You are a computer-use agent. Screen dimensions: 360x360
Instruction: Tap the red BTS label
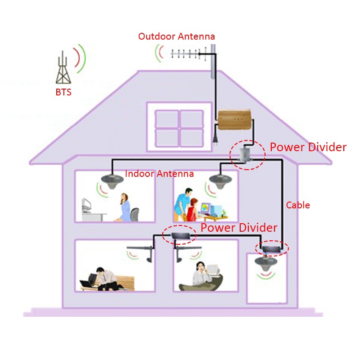pos(63,92)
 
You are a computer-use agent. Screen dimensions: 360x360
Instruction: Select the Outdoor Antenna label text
pos(176,36)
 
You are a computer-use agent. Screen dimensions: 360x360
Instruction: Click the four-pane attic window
pos(179,129)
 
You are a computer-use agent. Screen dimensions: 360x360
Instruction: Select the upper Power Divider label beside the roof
pos(308,147)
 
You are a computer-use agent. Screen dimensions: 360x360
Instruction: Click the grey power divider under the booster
pos(243,154)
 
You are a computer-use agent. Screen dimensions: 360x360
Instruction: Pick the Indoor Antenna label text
pos(159,174)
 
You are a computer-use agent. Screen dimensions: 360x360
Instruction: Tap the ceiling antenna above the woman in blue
pos(112,181)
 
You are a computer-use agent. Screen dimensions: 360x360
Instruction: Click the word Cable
pos(298,205)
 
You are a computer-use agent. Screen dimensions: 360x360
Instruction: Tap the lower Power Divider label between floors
pos(239,228)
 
